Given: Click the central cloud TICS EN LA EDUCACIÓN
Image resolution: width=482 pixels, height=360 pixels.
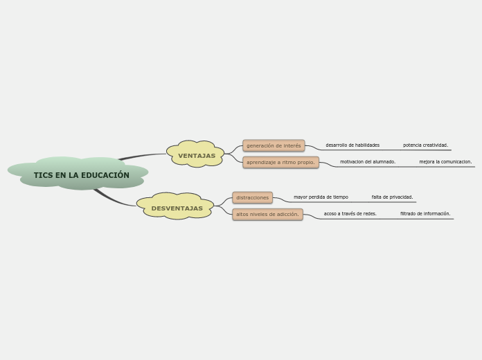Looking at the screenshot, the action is click(x=78, y=173).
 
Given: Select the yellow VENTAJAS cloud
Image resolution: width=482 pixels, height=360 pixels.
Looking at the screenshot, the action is click(x=195, y=154).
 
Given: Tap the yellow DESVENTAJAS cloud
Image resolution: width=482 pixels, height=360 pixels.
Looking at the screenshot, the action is click(x=175, y=206).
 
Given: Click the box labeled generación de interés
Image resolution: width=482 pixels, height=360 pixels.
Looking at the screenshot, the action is click(x=274, y=145).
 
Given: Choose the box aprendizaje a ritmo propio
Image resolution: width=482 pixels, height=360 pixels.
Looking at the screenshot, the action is click(x=280, y=162).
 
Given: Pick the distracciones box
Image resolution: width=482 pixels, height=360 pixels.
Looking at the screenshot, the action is click(x=252, y=198).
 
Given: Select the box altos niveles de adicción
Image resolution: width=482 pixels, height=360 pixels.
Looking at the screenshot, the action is click(x=267, y=215).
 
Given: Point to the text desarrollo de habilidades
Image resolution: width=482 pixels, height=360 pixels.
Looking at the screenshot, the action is click(x=352, y=145).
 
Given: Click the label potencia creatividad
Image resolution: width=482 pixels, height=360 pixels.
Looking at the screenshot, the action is click(x=426, y=145).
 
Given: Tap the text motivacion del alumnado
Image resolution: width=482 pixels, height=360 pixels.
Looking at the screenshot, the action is click(x=368, y=162).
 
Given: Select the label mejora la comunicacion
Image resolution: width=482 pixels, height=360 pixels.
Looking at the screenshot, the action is click(x=445, y=162).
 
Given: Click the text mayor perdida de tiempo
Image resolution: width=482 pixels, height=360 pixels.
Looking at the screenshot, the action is click(x=321, y=197).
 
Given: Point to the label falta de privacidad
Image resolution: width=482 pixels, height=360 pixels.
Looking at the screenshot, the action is click(x=392, y=197).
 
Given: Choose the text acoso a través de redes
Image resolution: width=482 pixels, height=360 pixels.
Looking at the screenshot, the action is click(x=350, y=214).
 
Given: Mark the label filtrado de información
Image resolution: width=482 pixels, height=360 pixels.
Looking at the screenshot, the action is click(x=425, y=214).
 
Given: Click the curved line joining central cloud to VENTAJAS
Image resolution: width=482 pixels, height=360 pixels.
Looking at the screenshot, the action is click(x=141, y=156).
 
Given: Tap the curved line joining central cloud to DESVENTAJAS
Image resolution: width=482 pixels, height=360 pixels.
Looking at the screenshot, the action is click(x=114, y=200).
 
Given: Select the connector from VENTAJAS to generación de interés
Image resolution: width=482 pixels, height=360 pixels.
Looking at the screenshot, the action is click(x=233, y=150).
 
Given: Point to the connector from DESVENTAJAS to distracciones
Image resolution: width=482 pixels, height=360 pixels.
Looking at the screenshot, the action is click(x=223, y=201).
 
